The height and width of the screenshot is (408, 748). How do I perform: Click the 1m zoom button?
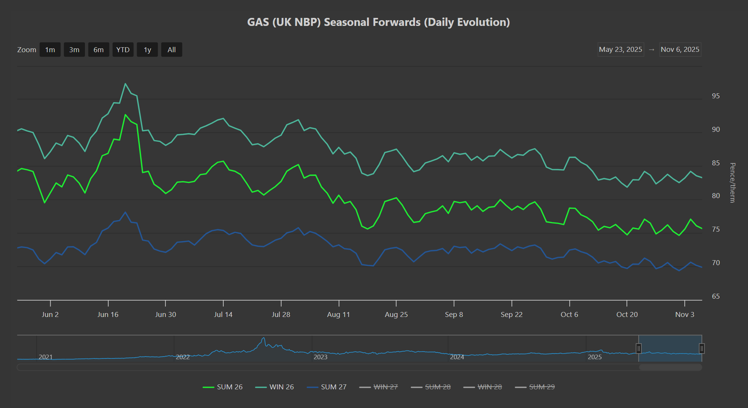tap(50, 50)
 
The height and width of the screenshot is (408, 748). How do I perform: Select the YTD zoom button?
tap(123, 50)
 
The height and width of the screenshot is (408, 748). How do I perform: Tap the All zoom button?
tap(171, 50)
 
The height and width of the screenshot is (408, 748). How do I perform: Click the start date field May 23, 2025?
tap(620, 50)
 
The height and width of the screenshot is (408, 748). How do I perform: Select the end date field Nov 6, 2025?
tap(680, 50)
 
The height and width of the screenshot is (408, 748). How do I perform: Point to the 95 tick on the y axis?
tap(716, 96)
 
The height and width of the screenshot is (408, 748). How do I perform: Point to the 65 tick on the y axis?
tap(716, 296)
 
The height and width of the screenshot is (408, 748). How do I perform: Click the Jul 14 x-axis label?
tap(223, 315)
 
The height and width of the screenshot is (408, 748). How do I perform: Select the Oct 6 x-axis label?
tap(569, 315)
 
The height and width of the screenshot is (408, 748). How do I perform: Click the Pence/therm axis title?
tap(732, 183)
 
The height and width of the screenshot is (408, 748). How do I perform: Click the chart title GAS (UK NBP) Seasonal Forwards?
tap(378, 22)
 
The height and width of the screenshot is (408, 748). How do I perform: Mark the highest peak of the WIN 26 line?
tap(125, 84)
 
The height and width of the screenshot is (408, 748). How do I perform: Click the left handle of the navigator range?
tap(639, 348)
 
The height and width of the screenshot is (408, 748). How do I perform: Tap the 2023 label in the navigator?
tap(320, 357)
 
